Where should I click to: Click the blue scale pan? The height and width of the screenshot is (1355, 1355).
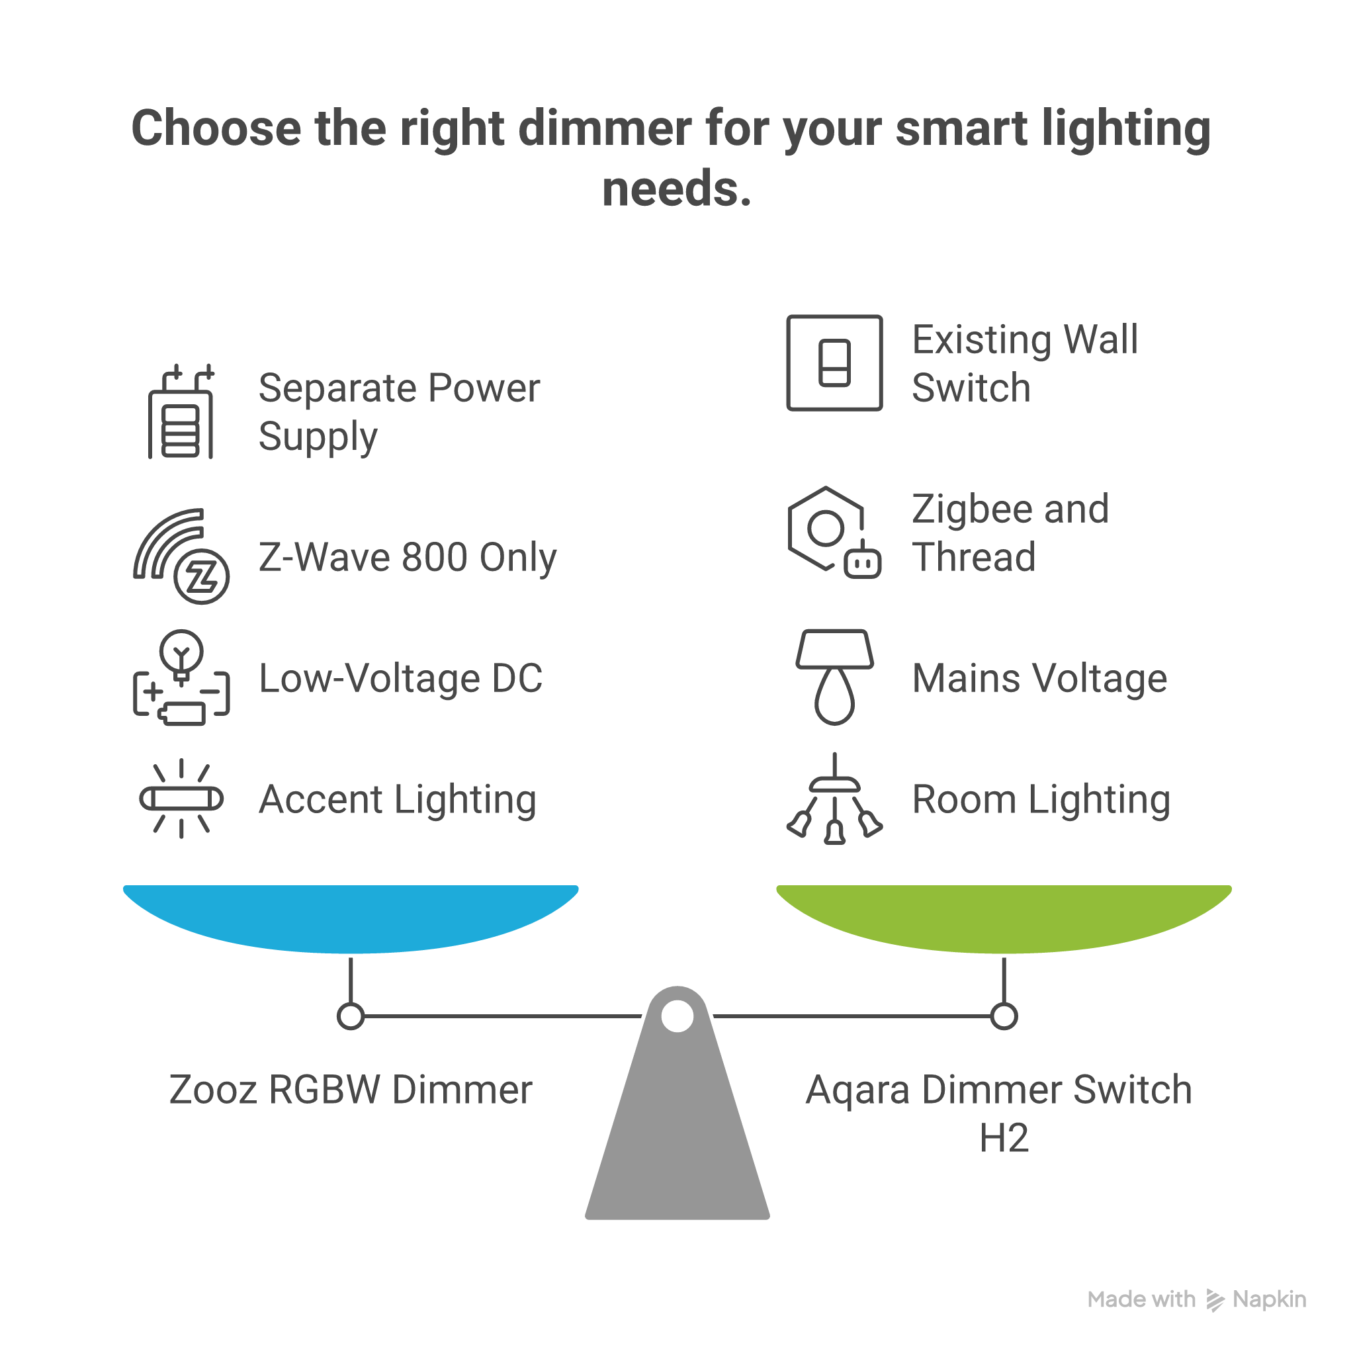coord(351,915)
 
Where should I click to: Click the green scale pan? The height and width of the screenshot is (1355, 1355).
coord(1004,915)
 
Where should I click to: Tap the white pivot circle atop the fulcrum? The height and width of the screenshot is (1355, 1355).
coord(677,1016)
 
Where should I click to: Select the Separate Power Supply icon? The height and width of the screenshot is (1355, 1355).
coord(181,412)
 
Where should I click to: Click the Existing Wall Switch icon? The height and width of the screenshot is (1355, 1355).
coord(834,363)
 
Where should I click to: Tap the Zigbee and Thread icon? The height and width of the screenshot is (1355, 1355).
coord(834,533)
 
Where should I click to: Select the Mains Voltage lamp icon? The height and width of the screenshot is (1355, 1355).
coord(834,677)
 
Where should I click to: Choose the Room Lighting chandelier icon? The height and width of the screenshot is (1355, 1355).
coord(834,799)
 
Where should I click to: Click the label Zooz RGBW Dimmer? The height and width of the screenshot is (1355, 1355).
coord(351,1089)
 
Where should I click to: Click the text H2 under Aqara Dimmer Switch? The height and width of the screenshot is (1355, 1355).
coord(1004,1137)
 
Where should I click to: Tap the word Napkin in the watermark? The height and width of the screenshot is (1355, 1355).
coord(1270,1299)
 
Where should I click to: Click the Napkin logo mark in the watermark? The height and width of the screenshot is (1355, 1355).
coord(1215,1299)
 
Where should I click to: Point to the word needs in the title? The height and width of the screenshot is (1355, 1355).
coord(676,189)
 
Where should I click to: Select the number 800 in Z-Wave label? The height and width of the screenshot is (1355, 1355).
coord(434,557)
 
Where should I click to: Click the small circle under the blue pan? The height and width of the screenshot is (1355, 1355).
coord(351,1016)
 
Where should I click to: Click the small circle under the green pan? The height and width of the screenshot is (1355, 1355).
coord(1004,1016)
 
